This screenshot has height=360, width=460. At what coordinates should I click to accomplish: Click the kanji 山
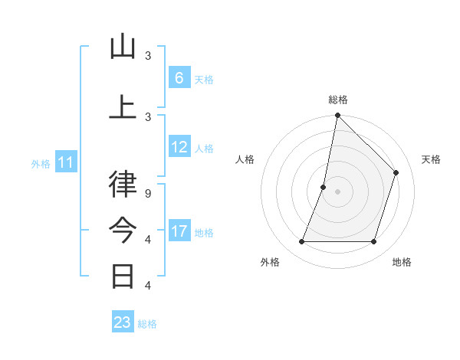[123, 47]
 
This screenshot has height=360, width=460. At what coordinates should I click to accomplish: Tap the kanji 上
[123, 106]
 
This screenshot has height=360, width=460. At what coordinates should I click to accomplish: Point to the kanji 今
[123, 230]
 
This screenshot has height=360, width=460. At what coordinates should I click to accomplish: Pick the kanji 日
[123, 275]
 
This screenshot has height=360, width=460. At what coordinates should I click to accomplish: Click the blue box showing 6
[179, 78]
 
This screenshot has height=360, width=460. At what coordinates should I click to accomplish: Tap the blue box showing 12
[179, 147]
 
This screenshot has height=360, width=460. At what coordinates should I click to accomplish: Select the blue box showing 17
[179, 231]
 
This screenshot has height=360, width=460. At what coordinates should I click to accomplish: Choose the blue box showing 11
[67, 162]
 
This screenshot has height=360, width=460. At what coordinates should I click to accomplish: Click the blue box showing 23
[123, 322]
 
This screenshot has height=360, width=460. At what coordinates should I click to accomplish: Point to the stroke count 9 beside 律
[148, 194]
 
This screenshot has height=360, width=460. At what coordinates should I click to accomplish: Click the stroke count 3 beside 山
[148, 56]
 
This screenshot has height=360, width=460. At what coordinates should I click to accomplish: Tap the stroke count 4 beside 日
[148, 286]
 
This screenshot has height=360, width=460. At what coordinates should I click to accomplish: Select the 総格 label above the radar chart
[338, 100]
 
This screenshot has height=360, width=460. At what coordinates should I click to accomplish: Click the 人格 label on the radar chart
[245, 159]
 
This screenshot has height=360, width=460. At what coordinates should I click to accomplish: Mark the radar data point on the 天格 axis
[396, 172]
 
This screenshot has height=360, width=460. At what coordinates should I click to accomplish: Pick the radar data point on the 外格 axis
[301, 242]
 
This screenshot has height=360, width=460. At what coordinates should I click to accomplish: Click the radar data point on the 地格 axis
[374, 242]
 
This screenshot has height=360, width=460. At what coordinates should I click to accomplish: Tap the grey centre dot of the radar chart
[337, 191]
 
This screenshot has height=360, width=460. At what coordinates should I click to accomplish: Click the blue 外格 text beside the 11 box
[41, 163]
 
